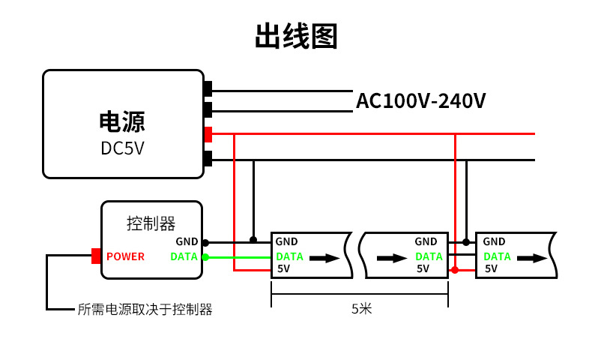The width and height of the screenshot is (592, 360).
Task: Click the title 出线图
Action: coord(296,36)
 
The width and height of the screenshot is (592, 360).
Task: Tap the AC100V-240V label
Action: coord(420,100)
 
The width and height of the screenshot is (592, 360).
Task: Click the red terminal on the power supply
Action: coord(208,134)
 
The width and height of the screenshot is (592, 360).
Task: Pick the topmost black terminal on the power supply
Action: coord(208,88)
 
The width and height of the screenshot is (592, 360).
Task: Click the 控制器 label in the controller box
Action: coord(151,223)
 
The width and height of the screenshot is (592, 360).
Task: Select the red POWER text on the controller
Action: coord(125,256)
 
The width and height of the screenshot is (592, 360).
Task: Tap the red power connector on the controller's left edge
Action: coord(96,256)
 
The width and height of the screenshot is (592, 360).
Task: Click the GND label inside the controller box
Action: coord(187,241)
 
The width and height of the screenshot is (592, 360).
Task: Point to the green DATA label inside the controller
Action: coord(184,256)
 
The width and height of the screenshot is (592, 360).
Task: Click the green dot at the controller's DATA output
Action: coord(205,256)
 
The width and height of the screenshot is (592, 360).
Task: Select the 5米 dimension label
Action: coord(361,308)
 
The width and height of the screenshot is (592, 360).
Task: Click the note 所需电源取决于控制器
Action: coord(145,309)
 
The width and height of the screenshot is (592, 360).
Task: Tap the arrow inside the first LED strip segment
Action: coord(324,258)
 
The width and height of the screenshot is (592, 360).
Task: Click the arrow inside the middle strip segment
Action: coord(391,258)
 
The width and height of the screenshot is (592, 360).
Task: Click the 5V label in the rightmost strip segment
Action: coord(491,268)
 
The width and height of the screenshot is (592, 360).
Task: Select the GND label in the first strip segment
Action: coord(286,241)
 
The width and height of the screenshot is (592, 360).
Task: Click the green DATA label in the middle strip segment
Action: coord(429,256)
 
